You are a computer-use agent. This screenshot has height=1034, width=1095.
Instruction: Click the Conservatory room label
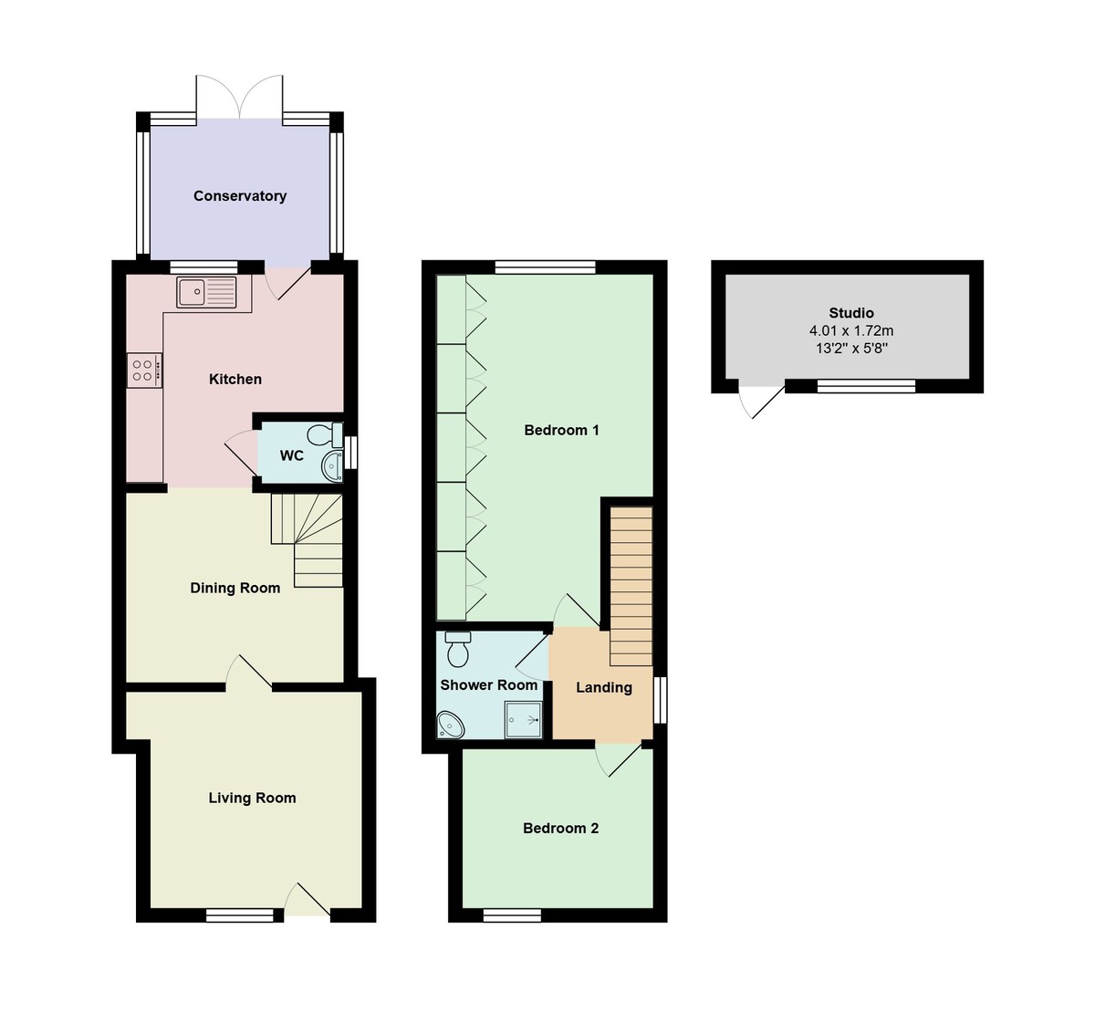point(240,196)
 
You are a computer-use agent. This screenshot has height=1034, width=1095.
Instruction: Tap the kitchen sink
point(207,292)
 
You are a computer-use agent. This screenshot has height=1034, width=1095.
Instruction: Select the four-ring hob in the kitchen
point(145,371)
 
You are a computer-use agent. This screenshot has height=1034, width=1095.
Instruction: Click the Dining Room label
point(235,589)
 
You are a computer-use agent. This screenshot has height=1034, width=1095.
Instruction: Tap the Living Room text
point(252,799)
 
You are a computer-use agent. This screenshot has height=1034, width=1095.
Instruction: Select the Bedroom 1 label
point(561,431)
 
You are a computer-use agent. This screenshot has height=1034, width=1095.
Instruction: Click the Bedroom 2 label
point(560,829)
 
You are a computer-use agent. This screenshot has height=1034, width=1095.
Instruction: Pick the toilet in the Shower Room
point(458,650)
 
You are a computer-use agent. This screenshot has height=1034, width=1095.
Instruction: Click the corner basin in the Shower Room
point(451,725)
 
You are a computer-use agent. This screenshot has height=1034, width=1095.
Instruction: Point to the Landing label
point(603,688)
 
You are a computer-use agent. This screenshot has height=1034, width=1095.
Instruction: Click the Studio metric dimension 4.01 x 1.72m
point(850,331)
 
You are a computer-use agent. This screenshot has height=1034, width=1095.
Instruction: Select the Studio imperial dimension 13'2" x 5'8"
point(850,349)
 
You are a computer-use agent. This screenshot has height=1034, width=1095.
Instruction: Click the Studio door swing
point(762,399)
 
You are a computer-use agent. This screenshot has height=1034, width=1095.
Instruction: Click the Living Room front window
point(240,915)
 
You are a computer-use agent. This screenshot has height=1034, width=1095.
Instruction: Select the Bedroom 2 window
point(512,915)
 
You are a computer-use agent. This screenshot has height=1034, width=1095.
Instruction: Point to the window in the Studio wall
point(865,386)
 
